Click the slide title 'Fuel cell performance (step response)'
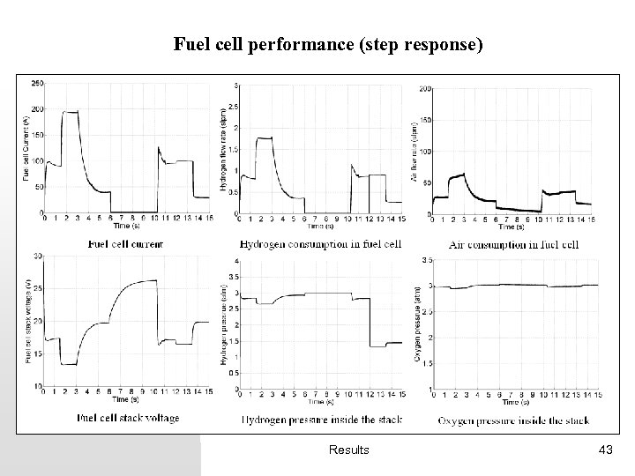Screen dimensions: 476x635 coord(328,43)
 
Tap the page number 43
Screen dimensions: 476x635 coord(605,450)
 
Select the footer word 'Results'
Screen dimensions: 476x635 coord(348,450)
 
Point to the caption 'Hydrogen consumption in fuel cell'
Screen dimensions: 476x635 coord(320,243)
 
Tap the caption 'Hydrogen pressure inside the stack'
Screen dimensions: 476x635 coord(320,419)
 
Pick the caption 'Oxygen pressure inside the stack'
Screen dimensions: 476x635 coord(513,420)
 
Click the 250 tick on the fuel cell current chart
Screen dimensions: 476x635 coord(37,84)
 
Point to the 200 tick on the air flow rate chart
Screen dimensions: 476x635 coord(424,89)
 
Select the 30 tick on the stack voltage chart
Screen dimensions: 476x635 coord(37,256)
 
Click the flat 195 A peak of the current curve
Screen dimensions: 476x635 coord(71,112)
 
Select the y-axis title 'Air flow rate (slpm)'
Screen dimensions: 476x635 coord(414,150)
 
